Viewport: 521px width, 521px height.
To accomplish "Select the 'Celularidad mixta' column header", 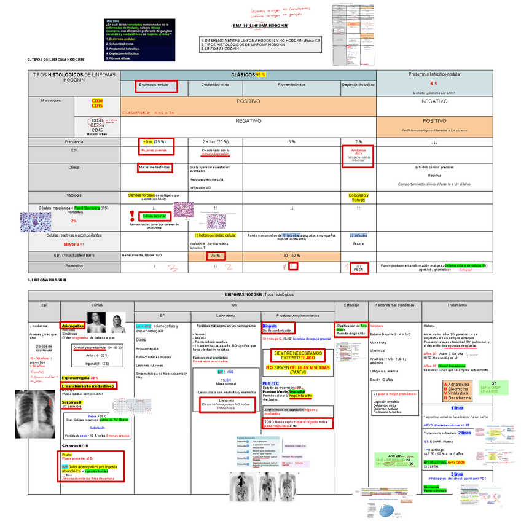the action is point(216,84).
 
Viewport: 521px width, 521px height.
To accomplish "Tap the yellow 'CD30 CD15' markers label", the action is point(97,103).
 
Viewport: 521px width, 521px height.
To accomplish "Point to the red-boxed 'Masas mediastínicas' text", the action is point(155,167).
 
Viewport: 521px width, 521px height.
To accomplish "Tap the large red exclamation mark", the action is point(132,216).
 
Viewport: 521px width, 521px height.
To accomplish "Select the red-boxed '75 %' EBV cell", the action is point(216,255).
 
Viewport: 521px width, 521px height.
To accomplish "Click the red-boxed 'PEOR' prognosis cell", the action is point(359,267).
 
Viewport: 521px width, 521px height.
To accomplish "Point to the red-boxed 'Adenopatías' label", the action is point(73,326).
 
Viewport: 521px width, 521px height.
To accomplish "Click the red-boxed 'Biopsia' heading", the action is point(269,326).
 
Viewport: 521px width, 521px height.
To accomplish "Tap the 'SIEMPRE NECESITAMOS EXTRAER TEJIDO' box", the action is point(298,356).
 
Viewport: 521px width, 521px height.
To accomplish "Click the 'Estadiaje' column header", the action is point(351,305).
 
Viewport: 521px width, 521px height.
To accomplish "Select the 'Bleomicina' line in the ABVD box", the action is point(458,388).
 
